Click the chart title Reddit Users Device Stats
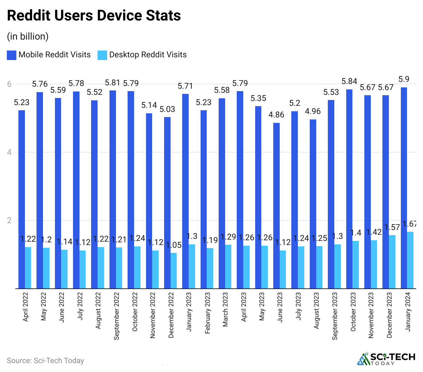coord(94,16)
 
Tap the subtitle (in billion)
coord(28,37)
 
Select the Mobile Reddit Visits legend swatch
coord(12,55)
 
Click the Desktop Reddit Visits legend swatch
coord(102,55)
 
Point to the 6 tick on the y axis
coord(10,84)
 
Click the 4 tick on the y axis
coord(10,152)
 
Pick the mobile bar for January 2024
coord(404,188)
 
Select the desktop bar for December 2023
coord(392,262)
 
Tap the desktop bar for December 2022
coord(174,271)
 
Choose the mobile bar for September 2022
coord(113,189)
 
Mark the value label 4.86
coord(276,115)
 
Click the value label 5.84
coord(349,82)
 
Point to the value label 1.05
coord(174,245)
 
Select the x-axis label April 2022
coord(26,307)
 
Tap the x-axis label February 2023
coord(207,313)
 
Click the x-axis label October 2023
coord(353,312)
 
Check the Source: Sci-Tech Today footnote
coord(45,361)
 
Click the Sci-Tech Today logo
coord(386,358)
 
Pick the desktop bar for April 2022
coord(28,268)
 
